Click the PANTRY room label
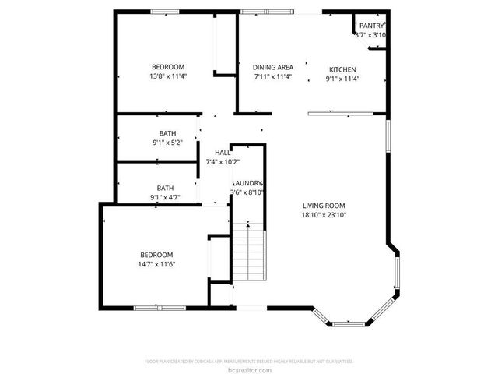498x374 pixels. pos(371,26)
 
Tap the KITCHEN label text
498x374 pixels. pos(342,68)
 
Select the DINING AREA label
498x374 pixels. pos(273,68)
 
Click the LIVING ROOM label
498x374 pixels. pos(324,205)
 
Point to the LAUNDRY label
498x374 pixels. pos(247,183)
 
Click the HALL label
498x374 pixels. pos(222,152)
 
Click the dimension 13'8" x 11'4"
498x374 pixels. pos(168,76)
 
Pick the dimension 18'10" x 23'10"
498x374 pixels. pos(324,215)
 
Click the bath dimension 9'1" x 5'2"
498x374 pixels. pos(167,143)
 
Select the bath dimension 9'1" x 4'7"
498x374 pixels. pos(165,197)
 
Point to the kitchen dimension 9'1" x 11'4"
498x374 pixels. pos(342,78)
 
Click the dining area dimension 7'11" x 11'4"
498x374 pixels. pos(273,77)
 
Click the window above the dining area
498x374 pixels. pos(266,11)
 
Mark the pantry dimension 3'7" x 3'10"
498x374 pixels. pos(370,35)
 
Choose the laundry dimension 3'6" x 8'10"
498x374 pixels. pos(247,192)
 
